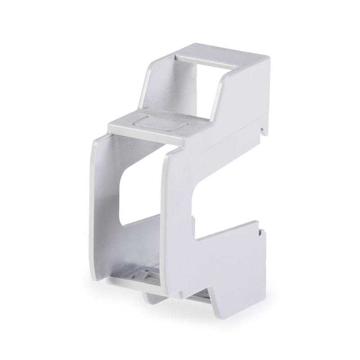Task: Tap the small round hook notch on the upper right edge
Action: [263, 130]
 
